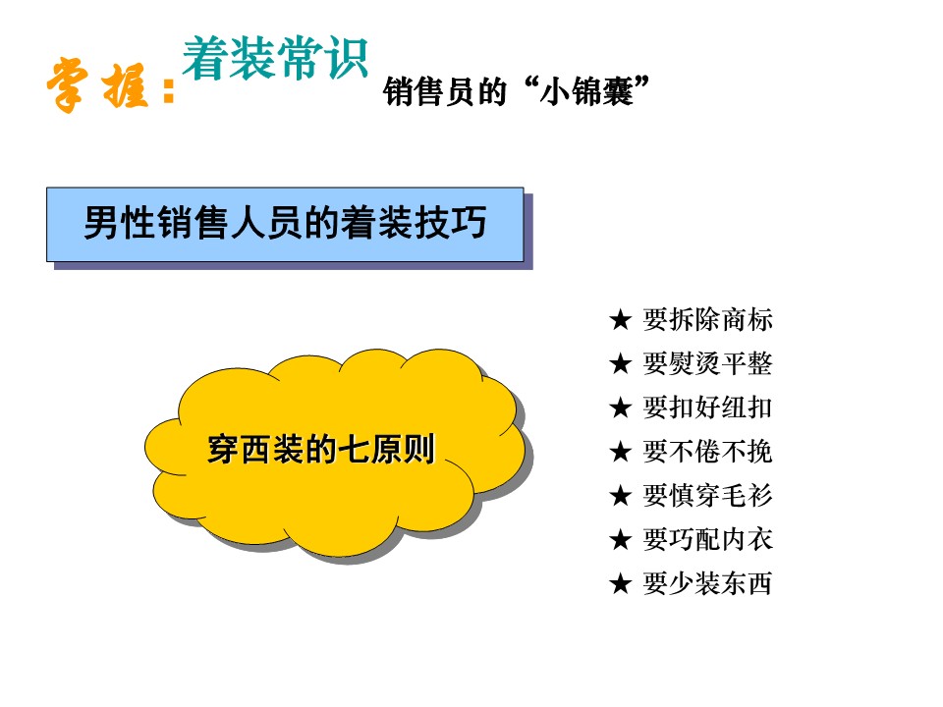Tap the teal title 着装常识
pos(275,58)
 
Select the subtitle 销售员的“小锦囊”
pos(517,91)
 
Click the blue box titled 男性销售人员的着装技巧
pos(285,224)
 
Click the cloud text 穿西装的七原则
pos(320,449)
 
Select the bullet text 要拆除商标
pos(707,319)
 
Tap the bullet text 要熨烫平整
pos(707,363)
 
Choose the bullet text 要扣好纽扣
pos(707,407)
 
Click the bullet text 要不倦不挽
pos(707,451)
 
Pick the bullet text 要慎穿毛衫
pos(707,495)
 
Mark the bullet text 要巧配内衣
pos(707,539)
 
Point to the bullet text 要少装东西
pos(707,582)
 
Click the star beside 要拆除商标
pos(620,320)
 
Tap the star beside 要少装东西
pos(620,583)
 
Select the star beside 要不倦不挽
pos(620,452)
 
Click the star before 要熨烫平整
pos(620,363)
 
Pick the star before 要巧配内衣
pos(620,539)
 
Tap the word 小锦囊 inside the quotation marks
pos(586,92)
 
